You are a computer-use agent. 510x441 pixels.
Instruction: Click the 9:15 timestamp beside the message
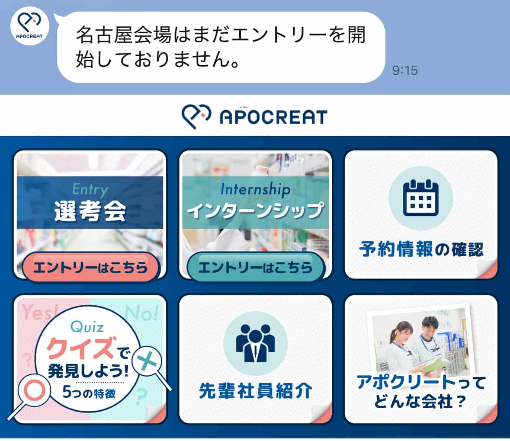coord(405,70)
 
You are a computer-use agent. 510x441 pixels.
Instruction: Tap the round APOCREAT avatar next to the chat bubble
coord(29,26)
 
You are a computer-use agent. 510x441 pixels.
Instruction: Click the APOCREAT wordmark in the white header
coord(273,117)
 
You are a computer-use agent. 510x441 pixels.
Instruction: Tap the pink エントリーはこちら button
coord(91,267)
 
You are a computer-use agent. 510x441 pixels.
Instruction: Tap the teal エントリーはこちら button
coord(255,267)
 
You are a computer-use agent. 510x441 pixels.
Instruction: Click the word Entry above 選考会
coord(90,189)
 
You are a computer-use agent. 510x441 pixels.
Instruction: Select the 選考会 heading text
coord(90,211)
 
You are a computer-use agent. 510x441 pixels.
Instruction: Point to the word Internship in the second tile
coord(255,189)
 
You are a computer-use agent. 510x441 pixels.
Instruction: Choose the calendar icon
coord(420,198)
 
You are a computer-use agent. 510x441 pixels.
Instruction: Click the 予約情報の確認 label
coord(421,249)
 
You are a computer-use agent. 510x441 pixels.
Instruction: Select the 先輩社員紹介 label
coord(255,390)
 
